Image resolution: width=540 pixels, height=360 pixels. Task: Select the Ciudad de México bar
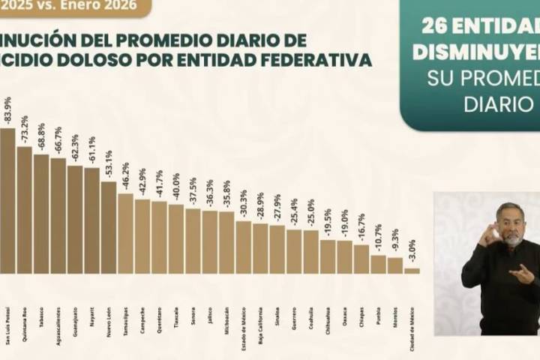412,271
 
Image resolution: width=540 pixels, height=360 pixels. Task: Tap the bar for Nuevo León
108,227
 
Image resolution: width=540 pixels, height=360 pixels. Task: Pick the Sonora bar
192,241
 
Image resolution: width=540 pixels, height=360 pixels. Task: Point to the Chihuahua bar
327,256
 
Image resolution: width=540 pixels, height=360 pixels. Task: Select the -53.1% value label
109,166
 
